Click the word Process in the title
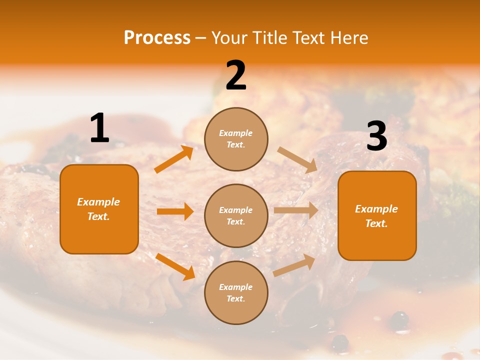[x=157, y=38]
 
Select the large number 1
[x=99, y=128]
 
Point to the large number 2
[x=236, y=76]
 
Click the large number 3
[x=376, y=136]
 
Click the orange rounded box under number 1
[x=99, y=209]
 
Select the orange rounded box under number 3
[x=377, y=215]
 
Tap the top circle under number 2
[x=236, y=139]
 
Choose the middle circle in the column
[x=236, y=215]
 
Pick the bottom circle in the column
[x=236, y=292]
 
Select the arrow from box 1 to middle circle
[x=175, y=211]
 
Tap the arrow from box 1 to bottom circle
[x=175, y=266]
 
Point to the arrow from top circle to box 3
[x=297, y=160]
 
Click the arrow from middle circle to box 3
[x=296, y=210]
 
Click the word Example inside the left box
[x=98, y=202]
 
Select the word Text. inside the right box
[x=376, y=223]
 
